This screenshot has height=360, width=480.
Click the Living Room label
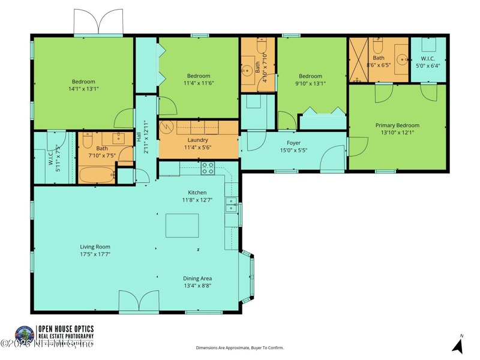click(x=95, y=247)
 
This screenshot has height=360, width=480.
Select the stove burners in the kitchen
click(x=208, y=169)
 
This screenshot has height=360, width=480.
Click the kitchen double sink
click(x=231, y=205)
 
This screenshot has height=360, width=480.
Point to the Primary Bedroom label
click(x=397, y=125)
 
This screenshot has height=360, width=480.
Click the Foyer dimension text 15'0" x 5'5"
click(x=293, y=151)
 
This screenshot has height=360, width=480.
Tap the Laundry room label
click(x=197, y=140)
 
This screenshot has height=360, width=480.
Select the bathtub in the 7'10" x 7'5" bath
click(x=96, y=176)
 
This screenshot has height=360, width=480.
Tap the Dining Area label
click(x=197, y=278)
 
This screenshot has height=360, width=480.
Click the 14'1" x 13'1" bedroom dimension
click(x=83, y=89)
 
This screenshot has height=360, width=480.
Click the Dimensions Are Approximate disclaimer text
click(x=239, y=347)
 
